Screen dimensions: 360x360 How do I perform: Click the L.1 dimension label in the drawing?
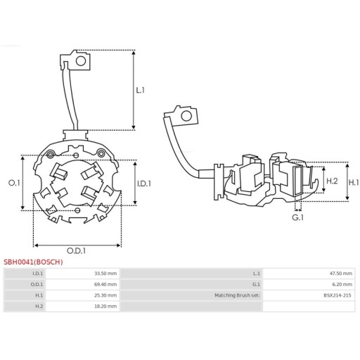pyautogui.click(x=140, y=90)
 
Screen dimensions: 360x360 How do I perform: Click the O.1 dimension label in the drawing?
pyautogui.click(x=13, y=183)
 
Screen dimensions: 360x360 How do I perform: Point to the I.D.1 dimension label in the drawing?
pyautogui.click(x=143, y=183)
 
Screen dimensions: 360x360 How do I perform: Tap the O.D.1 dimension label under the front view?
pyautogui.click(x=77, y=250)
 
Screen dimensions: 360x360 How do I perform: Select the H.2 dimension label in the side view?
pyautogui.click(x=333, y=181)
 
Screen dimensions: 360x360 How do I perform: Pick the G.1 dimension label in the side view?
pyautogui.click(x=297, y=218)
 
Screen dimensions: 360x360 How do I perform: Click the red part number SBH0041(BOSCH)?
pyautogui.click(x=33, y=262)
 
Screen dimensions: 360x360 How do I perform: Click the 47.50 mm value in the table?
pyautogui.click(x=341, y=273)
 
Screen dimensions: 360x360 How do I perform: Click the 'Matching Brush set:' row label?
pyautogui.click(x=237, y=295)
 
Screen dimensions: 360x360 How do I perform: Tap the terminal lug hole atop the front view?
pyautogui.click(x=81, y=61)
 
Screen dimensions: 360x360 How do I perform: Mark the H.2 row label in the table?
pyautogui.click(x=38, y=307)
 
